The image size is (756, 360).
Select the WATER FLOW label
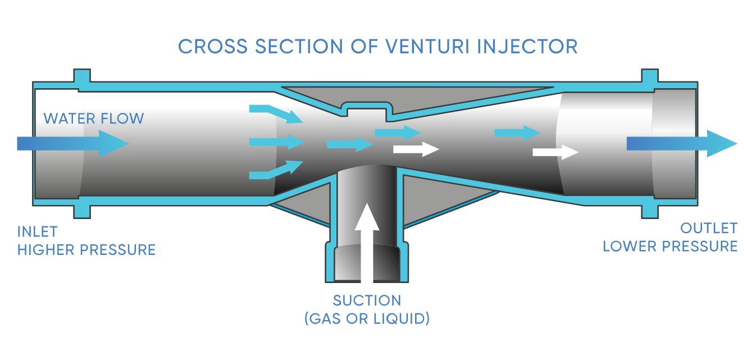[94, 119]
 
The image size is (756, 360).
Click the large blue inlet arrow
[73, 143]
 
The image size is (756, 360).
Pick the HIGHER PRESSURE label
[86, 249]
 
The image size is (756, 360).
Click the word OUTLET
[708, 228]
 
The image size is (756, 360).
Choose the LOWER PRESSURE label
[670, 246]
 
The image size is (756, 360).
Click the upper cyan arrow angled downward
[276, 113]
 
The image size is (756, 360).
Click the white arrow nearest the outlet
[555, 152]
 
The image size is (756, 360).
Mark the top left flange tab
[81, 76]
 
